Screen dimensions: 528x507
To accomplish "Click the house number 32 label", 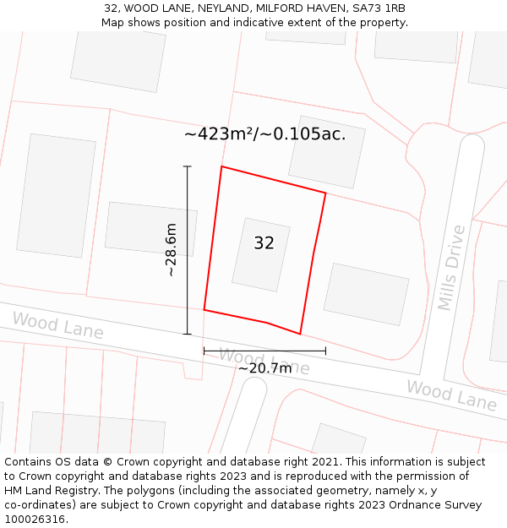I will point(264,243).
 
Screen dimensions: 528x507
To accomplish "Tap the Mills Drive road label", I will point(451,267).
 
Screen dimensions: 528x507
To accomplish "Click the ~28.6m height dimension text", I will point(171,250).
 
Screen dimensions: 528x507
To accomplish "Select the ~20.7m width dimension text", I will point(264,368).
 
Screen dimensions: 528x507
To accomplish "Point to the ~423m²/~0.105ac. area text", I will point(264,133).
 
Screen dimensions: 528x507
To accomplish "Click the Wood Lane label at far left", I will point(57,325).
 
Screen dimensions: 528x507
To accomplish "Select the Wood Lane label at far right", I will point(451,395).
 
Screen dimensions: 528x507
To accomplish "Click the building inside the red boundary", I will point(261,254).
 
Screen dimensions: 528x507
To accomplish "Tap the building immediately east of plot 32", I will point(366,294).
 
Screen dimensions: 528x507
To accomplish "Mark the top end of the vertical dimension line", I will point(188,166).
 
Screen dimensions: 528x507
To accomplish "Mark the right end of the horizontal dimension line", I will point(325,350).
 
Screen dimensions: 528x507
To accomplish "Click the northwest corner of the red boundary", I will point(221,166).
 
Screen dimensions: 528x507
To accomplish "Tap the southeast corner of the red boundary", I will point(300,334).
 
